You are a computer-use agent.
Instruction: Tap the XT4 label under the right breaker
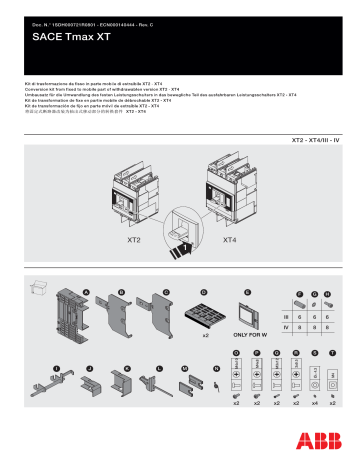229,241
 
